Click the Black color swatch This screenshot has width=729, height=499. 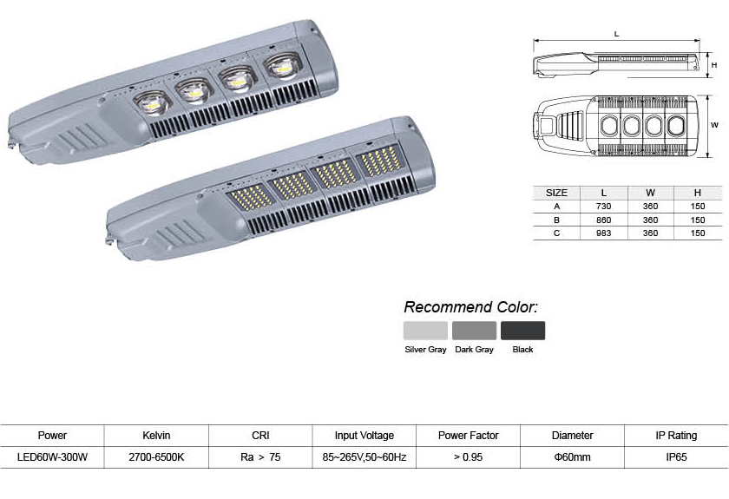[522, 331]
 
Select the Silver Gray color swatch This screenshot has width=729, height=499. [425, 331]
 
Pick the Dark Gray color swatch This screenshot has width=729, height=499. [474, 331]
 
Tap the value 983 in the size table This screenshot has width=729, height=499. [603, 233]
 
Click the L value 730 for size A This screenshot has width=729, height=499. [603, 206]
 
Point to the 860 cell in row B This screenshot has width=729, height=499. [603, 220]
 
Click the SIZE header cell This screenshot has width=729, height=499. [556, 193]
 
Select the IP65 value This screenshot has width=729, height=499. [676, 457]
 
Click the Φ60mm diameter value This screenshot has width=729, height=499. [572, 457]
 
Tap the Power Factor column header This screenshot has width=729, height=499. [468, 436]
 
